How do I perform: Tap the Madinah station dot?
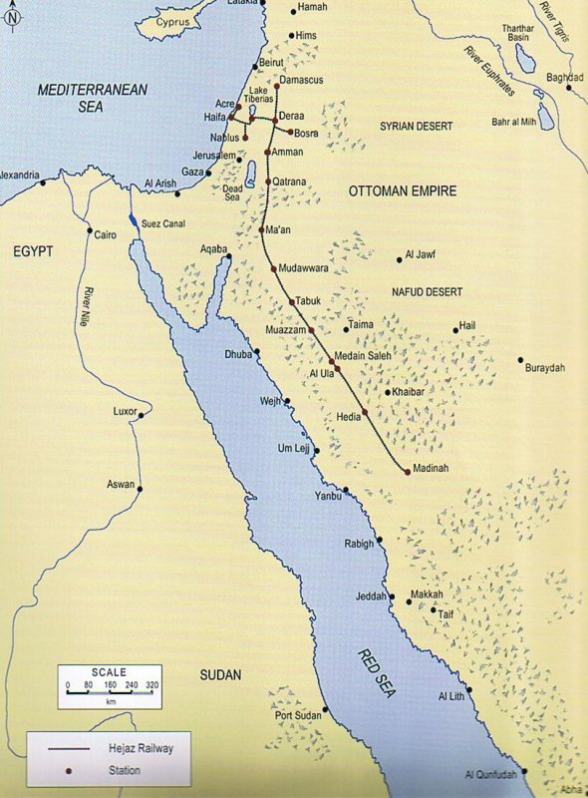pyautogui.click(x=408, y=470)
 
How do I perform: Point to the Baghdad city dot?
pyautogui.click(x=569, y=88)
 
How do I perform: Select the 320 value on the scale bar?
pyautogui.click(x=152, y=687)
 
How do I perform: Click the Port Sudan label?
pyautogui.click(x=300, y=716)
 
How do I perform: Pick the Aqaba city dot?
pyautogui.click(x=228, y=257)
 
